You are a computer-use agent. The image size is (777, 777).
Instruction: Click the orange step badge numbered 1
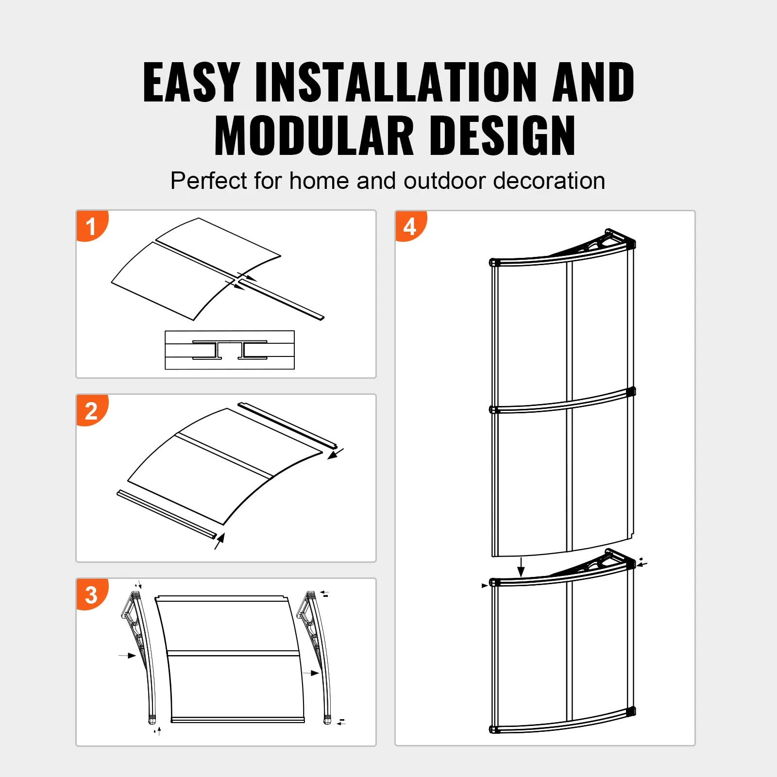tap(91, 226)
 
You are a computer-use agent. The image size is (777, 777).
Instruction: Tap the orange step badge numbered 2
tap(91, 410)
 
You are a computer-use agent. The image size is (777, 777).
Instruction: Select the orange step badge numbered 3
tap(91, 594)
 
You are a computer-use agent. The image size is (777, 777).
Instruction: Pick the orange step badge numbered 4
tap(410, 226)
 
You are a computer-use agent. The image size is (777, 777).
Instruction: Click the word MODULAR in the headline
tap(314, 136)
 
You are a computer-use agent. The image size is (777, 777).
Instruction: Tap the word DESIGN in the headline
tap(502, 136)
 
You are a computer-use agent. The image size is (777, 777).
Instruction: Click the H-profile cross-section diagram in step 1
tap(230, 350)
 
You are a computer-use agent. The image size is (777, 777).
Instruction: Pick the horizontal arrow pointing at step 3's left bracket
tap(127, 656)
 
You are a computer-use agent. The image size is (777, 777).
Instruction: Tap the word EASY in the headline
tap(191, 83)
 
